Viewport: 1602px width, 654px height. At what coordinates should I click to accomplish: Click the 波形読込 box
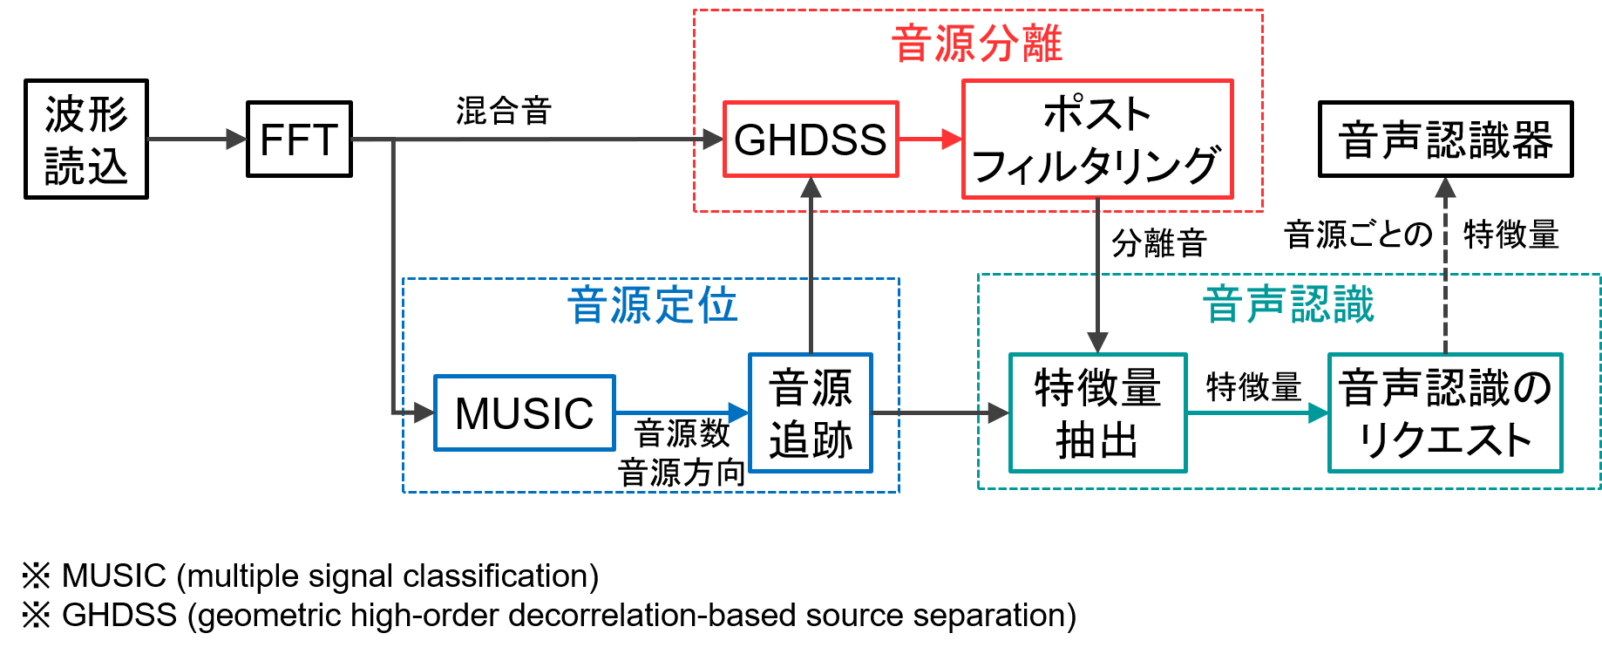click(86, 140)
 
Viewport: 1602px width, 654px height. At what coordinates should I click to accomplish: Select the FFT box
click(299, 140)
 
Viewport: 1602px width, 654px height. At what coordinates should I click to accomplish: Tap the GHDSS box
click(811, 140)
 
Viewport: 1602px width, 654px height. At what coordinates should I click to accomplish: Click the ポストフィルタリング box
click(1097, 140)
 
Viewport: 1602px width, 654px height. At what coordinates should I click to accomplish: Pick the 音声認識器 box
click(1445, 140)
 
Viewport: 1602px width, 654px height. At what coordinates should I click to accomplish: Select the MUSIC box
click(525, 413)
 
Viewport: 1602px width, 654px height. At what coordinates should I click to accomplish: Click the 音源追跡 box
click(811, 413)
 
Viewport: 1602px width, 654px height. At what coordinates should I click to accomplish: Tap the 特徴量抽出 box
click(1097, 413)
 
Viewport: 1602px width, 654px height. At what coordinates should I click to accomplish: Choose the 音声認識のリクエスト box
click(1445, 413)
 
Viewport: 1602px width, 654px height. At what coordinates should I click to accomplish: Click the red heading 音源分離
click(977, 44)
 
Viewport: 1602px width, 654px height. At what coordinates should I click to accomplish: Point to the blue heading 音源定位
click(652, 306)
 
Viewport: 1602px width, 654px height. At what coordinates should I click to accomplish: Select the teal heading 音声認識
click(1288, 305)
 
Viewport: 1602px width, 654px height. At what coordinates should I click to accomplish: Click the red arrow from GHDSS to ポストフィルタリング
click(930, 139)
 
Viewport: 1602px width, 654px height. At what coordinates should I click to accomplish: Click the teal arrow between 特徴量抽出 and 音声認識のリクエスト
click(1257, 412)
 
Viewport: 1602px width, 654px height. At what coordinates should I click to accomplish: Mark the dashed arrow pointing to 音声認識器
click(1445, 262)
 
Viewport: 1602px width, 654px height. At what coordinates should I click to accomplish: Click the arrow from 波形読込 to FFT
click(197, 139)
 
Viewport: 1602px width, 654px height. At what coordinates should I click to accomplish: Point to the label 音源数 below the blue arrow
click(682, 433)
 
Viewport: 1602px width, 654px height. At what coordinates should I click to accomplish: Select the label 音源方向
click(682, 473)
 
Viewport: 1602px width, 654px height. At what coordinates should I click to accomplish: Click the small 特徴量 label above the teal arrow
click(1253, 386)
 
